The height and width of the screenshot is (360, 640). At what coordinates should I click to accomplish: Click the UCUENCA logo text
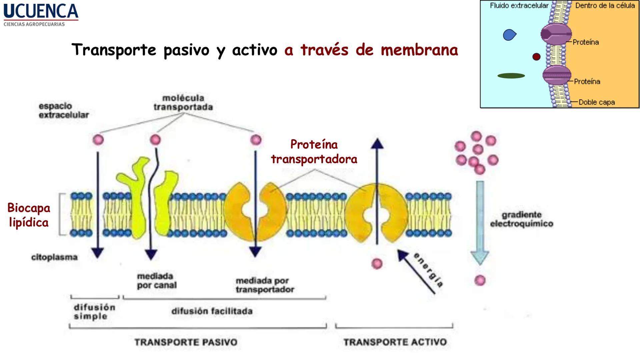coord(41,11)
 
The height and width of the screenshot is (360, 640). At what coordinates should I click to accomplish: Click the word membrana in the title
coord(419,50)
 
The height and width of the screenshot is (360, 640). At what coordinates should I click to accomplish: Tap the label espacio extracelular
coord(64,111)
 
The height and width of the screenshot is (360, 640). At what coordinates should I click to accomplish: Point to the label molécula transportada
coord(183,103)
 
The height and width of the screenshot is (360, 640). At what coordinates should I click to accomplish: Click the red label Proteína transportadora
coord(314,152)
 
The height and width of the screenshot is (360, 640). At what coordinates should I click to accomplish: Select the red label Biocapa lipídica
coord(29,215)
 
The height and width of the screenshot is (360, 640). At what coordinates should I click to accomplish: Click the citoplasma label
coord(54,257)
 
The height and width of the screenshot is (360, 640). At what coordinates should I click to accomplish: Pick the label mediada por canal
coord(157,281)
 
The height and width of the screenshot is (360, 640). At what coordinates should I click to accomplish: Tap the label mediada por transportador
coord(265,285)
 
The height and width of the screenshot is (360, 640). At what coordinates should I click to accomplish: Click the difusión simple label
coord(94,312)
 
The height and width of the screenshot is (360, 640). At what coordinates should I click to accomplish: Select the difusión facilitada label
coord(212,311)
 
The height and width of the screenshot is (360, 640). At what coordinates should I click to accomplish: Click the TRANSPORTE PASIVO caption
coord(186,342)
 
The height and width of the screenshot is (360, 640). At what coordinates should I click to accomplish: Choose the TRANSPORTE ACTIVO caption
coord(395,342)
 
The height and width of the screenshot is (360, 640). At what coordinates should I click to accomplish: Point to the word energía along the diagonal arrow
coord(429,270)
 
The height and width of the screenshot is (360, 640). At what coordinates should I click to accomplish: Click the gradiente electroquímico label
coord(521,219)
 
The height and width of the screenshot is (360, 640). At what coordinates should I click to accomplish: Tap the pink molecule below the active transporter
coord(377,264)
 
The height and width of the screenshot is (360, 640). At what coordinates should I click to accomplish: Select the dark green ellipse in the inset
coord(511,76)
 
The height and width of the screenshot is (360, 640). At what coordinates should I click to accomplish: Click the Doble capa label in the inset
coord(596,102)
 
